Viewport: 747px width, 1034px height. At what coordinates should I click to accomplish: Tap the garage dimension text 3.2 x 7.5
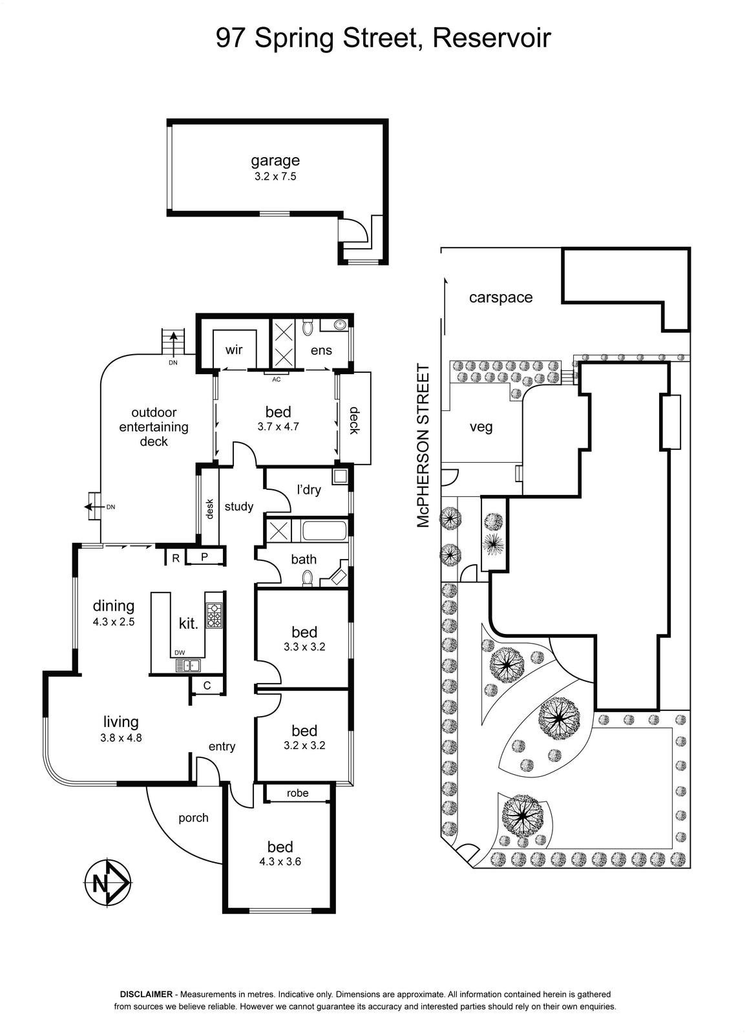point(275,176)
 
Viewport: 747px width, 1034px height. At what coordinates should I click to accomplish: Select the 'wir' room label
point(234,350)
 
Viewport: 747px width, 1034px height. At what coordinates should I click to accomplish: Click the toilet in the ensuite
point(308,328)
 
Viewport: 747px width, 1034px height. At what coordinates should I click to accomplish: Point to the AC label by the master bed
point(276,379)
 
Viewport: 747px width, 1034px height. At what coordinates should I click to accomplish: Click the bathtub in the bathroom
point(323,531)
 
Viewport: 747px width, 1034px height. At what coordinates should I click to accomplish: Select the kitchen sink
point(187,666)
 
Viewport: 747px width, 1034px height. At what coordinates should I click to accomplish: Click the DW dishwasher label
point(180,653)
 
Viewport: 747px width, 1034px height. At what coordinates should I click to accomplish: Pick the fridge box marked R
point(175,558)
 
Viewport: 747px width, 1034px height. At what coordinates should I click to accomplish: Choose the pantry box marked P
point(205,557)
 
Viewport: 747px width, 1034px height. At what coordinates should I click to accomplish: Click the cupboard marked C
point(207,685)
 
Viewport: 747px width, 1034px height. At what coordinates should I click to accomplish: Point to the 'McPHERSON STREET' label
point(423,445)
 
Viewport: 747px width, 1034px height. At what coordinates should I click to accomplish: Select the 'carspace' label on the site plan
point(500,298)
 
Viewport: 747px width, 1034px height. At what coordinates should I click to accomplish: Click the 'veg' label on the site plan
point(481,427)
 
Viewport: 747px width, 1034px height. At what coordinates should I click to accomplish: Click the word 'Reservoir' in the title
point(492,38)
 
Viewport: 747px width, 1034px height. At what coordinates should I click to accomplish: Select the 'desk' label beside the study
point(209,509)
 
